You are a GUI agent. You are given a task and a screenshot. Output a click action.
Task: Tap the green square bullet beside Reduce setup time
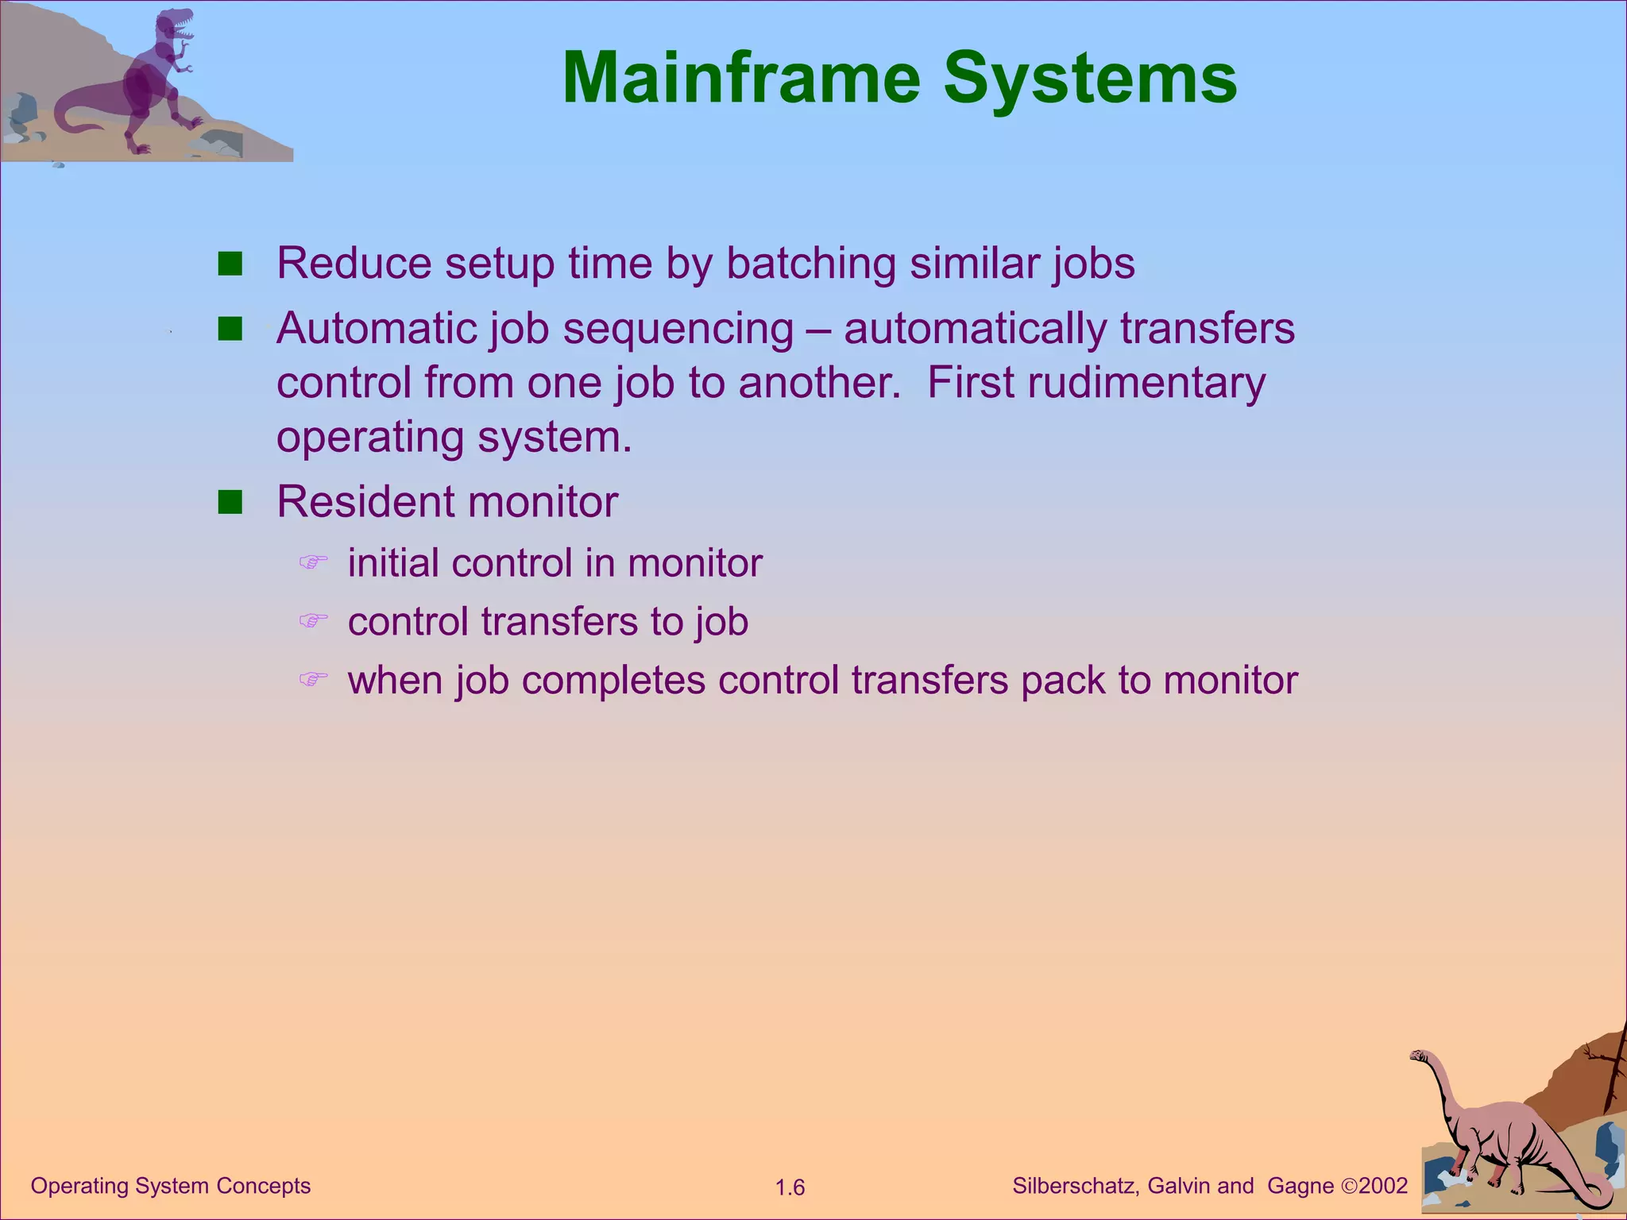coord(230,264)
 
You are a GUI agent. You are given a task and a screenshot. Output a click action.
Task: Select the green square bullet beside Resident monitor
coord(230,503)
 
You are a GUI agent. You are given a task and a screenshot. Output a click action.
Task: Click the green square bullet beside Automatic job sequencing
coord(230,329)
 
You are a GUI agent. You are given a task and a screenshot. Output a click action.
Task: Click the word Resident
coord(365,502)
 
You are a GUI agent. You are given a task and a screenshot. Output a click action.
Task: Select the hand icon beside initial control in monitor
coord(313,562)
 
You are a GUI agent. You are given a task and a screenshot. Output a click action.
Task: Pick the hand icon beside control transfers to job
coord(313,620)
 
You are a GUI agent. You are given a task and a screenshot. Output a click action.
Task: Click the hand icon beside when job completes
coord(313,679)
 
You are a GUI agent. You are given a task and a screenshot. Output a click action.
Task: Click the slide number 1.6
coord(790,1188)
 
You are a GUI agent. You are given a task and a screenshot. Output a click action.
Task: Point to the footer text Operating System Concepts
coord(170,1186)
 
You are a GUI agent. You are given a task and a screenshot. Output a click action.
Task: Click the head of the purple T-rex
coord(176,25)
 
